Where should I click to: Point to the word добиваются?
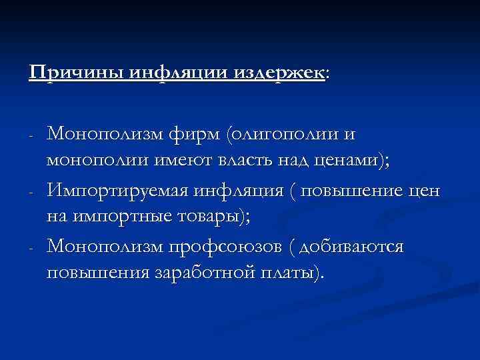point(352,247)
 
